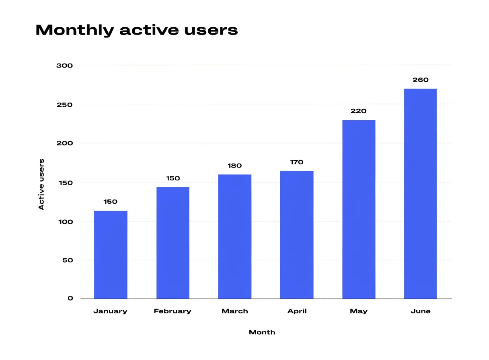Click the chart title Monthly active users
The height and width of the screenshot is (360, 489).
tap(137, 30)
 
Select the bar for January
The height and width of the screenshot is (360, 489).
tap(111, 255)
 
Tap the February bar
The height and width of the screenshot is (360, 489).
tap(173, 243)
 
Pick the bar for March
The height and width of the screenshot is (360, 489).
tap(235, 237)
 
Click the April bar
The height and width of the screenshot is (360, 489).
tap(297, 235)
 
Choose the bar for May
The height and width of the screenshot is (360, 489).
tap(359, 209)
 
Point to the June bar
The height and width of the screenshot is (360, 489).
tap(421, 194)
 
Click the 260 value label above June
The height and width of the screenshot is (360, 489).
tap(421, 80)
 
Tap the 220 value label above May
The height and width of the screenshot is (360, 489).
tap(358, 111)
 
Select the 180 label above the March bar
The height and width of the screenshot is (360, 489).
tap(235, 166)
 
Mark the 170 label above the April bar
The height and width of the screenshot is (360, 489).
tap(297, 162)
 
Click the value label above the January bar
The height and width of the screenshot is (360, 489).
tap(111, 202)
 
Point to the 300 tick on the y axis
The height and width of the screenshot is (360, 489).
tap(65, 65)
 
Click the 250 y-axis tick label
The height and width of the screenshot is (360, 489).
tap(65, 105)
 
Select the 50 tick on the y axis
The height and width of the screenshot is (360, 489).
tap(68, 260)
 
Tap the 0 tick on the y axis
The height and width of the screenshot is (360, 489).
tap(70, 298)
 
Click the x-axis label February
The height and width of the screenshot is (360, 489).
tap(173, 311)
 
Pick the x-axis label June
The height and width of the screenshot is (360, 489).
tap(421, 311)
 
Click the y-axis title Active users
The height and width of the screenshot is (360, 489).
tap(41, 184)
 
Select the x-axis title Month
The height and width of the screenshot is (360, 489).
tap(262, 332)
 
